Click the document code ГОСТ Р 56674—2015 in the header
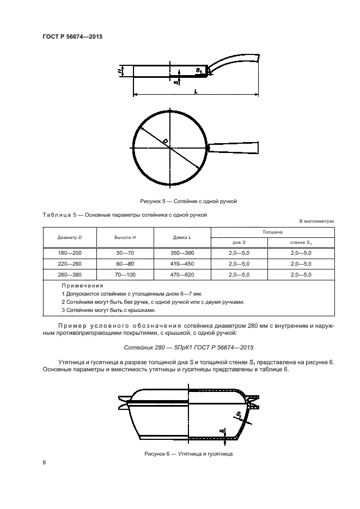(x=72, y=37)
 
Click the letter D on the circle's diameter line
(x=165, y=141)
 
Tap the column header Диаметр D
(x=70, y=238)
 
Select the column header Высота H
(x=125, y=238)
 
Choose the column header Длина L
(x=182, y=238)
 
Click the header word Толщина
(x=272, y=232)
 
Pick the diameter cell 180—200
(x=70, y=253)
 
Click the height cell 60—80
(x=125, y=264)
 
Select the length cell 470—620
(x=182, y=275)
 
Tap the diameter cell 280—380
(x=70, y=275)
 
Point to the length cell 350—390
(x=182, y=253)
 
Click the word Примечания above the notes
(x=82, y=285)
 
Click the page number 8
(x=44, y=463)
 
